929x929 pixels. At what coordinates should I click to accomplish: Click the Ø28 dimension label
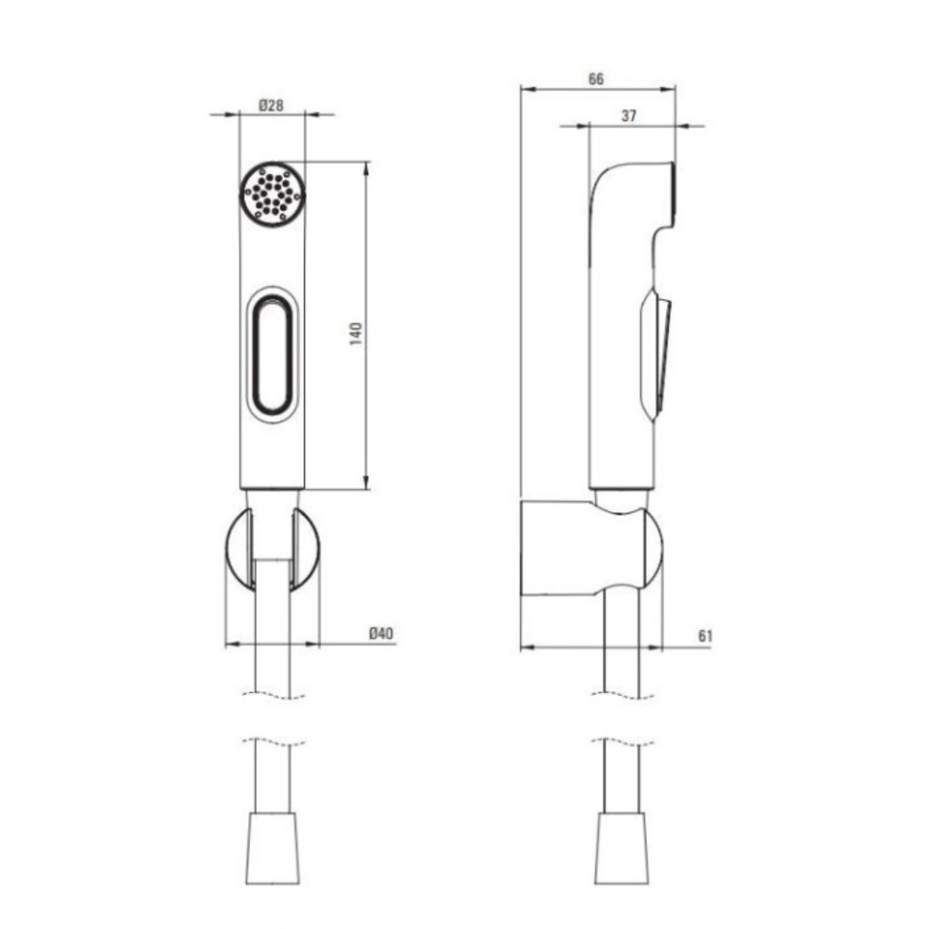[x=271, y=106]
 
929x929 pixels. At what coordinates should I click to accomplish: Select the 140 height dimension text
[x=356, y=334]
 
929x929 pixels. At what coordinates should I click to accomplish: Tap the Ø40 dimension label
[x=381, y=633]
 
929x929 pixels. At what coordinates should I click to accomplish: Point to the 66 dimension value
[x=596, y=79]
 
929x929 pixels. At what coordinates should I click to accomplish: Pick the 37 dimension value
[x=628, y=116]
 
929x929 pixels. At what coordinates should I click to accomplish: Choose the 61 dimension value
[x=704, y=636]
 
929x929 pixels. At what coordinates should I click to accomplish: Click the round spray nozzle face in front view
[x=273, y=193]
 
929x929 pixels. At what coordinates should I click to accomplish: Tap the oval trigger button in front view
[x=273, y=355]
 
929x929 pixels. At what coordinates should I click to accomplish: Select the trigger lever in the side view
[x=655, y=355]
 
